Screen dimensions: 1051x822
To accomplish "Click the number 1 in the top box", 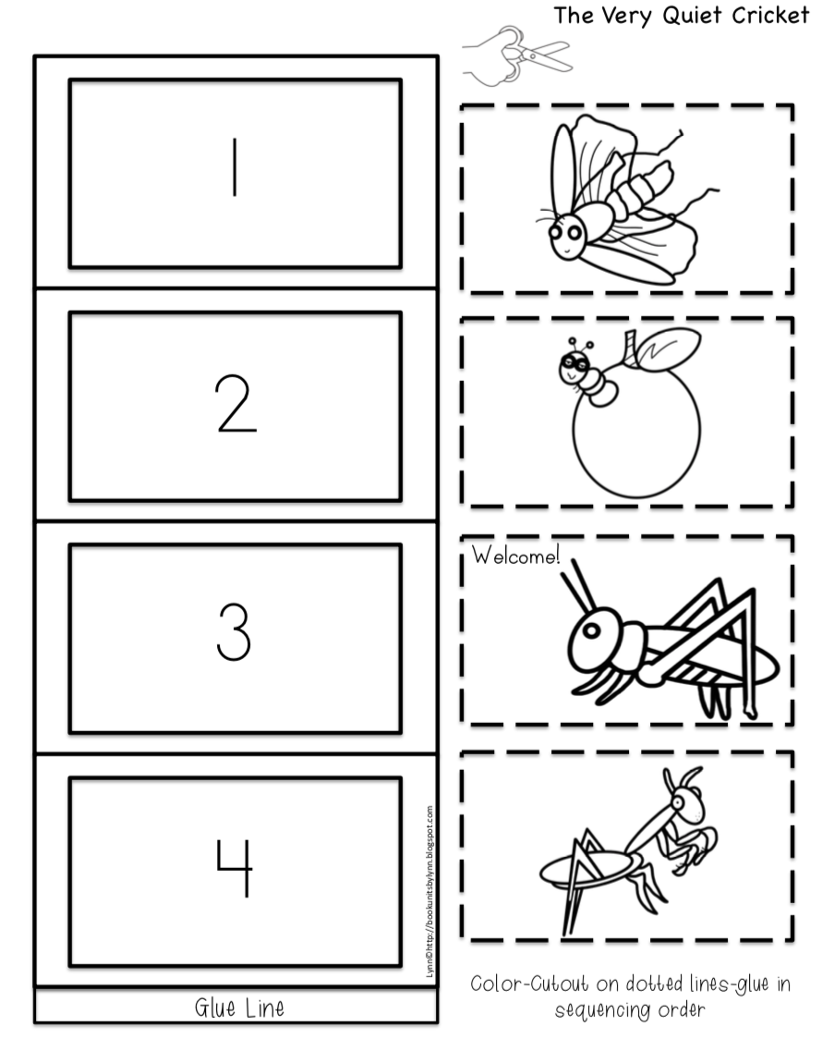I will (x=235, y=167).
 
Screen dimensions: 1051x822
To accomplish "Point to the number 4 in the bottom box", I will (x=235, y=865).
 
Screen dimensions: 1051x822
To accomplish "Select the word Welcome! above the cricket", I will (x=515, y=556).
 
